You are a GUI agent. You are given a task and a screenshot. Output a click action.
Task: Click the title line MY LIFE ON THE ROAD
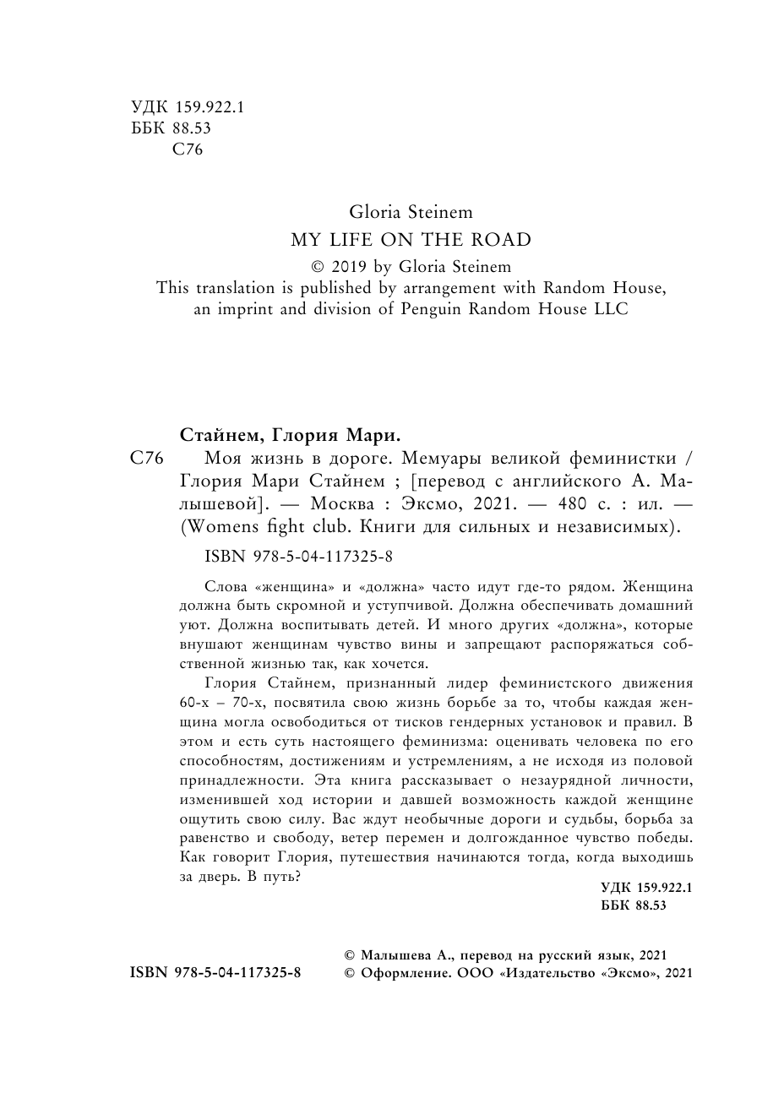coord(411,240)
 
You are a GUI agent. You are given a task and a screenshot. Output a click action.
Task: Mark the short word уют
coord(193,627)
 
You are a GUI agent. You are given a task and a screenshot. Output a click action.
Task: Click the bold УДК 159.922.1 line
coord(646,888)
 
